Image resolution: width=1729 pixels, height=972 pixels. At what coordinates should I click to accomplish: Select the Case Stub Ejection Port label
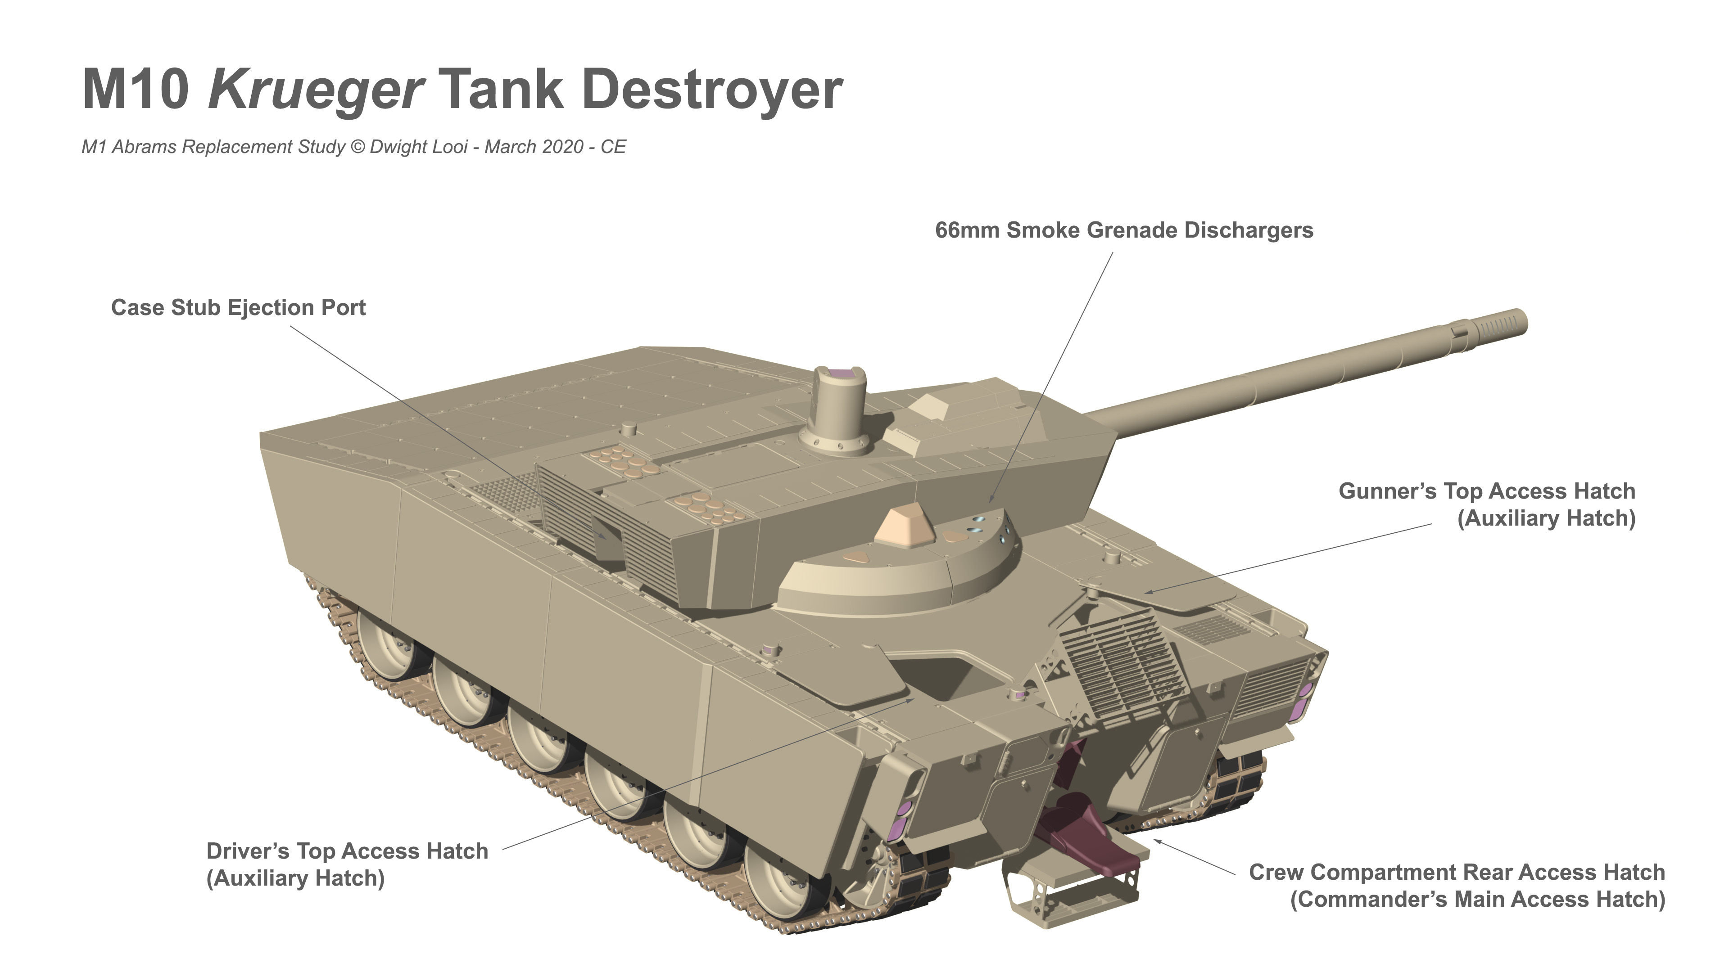[x=238, y=308]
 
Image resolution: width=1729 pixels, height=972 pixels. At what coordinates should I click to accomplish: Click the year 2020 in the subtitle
[x=563, y=147]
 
